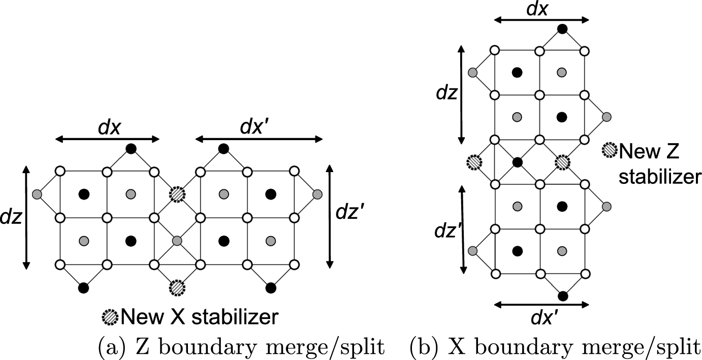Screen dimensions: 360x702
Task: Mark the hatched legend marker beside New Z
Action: tap(609, 150)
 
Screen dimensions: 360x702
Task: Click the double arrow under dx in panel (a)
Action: tap(107, 139)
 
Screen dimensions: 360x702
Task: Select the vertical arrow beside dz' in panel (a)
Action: tap(331, 215)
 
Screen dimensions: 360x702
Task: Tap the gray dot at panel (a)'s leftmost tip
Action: tap(36, 194)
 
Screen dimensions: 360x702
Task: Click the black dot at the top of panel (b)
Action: tap(562, 29)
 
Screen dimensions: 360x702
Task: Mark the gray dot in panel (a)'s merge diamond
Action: tap(176, 241)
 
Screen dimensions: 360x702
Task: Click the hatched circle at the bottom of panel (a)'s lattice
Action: tap(177, 287)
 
